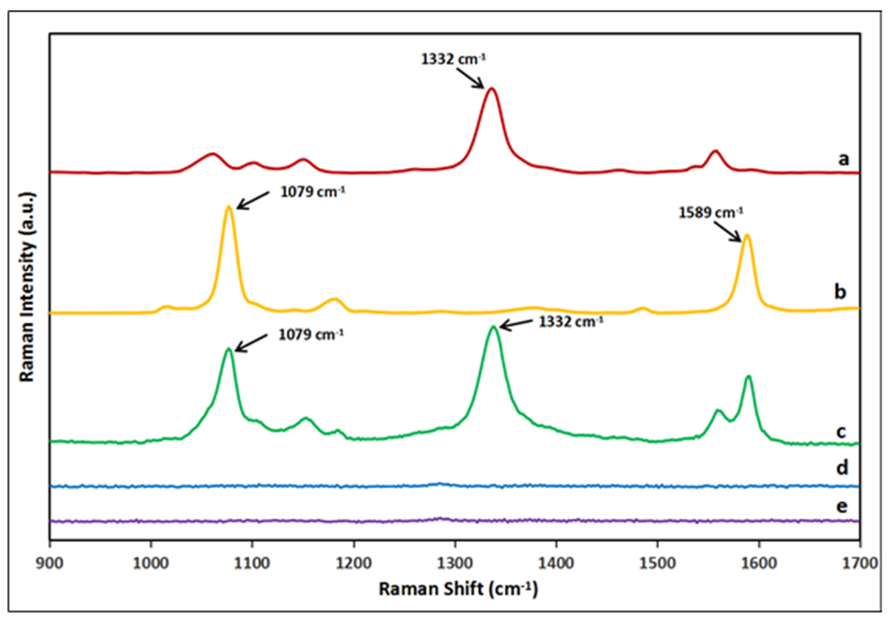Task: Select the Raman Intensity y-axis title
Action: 27,287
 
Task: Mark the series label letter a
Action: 843,159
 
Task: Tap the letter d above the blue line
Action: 842,468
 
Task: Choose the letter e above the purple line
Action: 842,506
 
